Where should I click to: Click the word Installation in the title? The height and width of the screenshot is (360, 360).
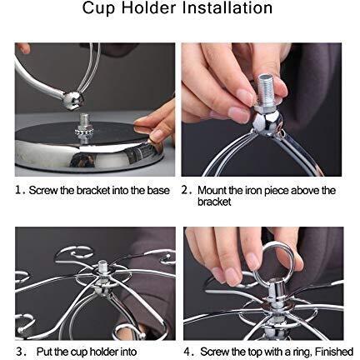pos(227,7)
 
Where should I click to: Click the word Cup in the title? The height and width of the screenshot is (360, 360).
pos(98,8)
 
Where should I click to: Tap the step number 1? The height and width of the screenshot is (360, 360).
pos(18,191)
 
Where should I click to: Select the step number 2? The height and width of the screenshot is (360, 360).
pos(185,191)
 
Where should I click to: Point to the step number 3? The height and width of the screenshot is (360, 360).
pos(20,352)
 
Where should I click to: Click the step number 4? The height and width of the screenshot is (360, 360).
pos(187,352)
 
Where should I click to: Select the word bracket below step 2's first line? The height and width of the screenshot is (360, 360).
pos(214,202)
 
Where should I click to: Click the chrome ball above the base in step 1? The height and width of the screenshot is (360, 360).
pos(72,99)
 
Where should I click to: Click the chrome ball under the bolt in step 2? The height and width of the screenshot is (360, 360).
pos(267,123)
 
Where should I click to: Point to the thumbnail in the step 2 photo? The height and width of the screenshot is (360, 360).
pos(238,114)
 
